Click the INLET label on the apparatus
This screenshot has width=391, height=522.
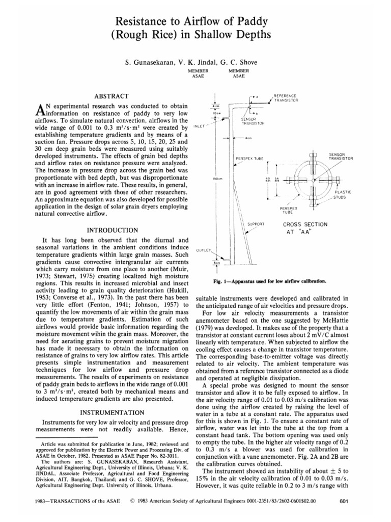200,124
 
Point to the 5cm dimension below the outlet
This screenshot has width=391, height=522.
218,264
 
